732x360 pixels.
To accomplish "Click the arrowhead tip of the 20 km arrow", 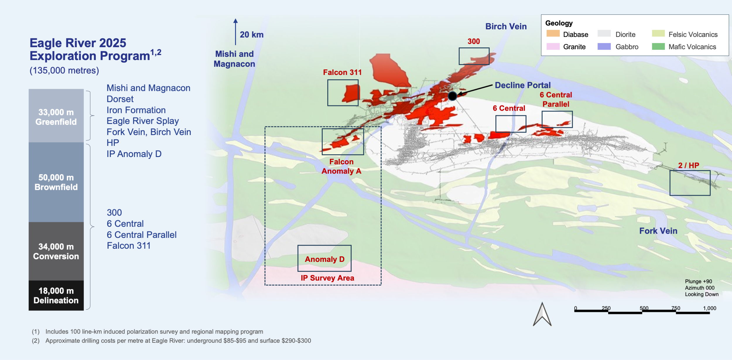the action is click(235, 19).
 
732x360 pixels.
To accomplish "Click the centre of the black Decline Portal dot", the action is click(452, 96).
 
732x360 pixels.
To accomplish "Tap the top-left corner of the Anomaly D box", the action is click(298, 245).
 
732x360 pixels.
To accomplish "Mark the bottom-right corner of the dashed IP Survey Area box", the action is click(381, 285).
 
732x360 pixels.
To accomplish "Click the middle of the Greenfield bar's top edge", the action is click(56, 89).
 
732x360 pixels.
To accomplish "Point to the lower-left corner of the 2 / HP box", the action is click(670, 195).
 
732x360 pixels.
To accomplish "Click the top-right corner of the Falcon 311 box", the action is click(358, 80).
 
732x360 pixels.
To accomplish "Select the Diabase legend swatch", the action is click(553, 33).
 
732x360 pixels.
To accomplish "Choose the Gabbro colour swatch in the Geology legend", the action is click(604, 46).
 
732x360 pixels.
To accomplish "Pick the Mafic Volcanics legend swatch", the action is click(658, 46).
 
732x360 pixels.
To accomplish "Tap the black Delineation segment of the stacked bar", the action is click(56, 295).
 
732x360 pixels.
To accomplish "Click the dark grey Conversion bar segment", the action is click(56, 251).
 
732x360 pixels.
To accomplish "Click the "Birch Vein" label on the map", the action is click(506, 26).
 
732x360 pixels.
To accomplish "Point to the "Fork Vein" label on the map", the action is click(658, 231).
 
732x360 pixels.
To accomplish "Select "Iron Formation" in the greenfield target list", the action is click(136, 110).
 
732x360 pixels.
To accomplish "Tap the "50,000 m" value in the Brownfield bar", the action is click(56, 178).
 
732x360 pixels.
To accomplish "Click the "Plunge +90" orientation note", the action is click(698, 281).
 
